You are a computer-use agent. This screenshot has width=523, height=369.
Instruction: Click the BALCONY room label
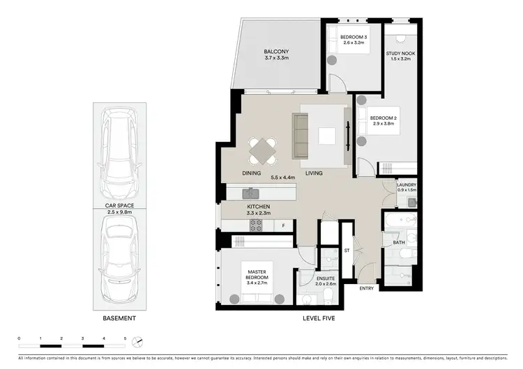(x=276, y=52)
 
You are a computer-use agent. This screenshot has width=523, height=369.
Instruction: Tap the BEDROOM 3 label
(x=354, y=37)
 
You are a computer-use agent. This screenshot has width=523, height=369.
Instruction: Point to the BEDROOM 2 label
(x=383, y=118)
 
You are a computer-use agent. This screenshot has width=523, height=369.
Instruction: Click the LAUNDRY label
(x=407, y=184)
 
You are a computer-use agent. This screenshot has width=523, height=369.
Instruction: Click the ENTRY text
(x=367, y=288)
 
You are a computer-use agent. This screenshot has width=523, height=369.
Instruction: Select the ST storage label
(x=347, y=251)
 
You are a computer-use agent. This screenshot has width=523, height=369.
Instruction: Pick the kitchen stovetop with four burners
(x=256, y=224)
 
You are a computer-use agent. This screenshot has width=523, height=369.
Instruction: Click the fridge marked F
(x=283, y=225)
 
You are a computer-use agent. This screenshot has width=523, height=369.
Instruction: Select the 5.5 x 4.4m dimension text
(x=282, y=178)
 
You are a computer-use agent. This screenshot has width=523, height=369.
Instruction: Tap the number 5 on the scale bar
(x=125, y=337)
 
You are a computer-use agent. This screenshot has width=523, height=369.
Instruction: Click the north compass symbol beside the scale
(x=139, y=341)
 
